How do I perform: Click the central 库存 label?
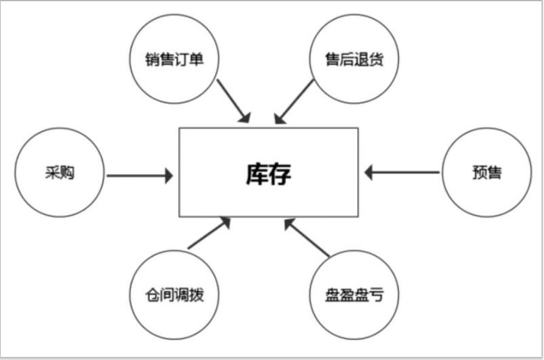[x=268, y=174]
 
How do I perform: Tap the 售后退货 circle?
[x=355, y=60]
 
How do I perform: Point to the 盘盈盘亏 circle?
[x=355, y=296]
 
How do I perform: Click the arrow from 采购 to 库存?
[x=139, y=176]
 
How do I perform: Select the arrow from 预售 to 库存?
[x=402, y=172]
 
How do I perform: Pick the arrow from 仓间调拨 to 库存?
[x=209, y=233]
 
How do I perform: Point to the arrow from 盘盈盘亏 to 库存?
[x=307, y=238]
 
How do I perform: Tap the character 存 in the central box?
[x=280, y=174]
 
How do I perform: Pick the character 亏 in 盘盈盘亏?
[x=376, y=296]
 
